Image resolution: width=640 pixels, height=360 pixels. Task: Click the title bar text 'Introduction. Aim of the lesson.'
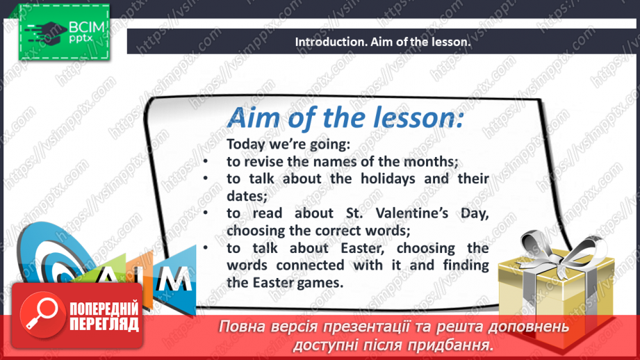pyautogui.click(x=383, y=42)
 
